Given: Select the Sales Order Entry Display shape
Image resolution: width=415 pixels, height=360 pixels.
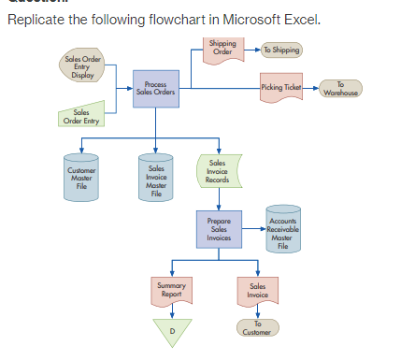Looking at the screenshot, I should coord(82,68).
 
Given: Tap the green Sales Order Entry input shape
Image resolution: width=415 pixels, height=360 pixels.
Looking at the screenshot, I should coord(81,118).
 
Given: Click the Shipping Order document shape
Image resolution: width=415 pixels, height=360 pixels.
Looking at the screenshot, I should coord(222,48).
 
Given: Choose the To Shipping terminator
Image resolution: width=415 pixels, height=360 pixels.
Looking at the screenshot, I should coord(281,49).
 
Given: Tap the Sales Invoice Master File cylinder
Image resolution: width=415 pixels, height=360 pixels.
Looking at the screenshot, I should coord(156,177).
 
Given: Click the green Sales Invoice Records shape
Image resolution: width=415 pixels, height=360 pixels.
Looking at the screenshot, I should coord(219,171).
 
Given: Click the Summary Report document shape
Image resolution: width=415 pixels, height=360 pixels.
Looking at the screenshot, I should coord(172,291).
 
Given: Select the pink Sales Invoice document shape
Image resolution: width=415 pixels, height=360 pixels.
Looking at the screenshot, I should coord(257,291).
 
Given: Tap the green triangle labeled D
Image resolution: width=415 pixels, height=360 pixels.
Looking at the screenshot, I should coord(172,330).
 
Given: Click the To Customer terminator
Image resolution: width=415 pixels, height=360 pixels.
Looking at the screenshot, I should coord(257,327).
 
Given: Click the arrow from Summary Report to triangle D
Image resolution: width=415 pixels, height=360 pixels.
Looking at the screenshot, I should coord(172,312).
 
